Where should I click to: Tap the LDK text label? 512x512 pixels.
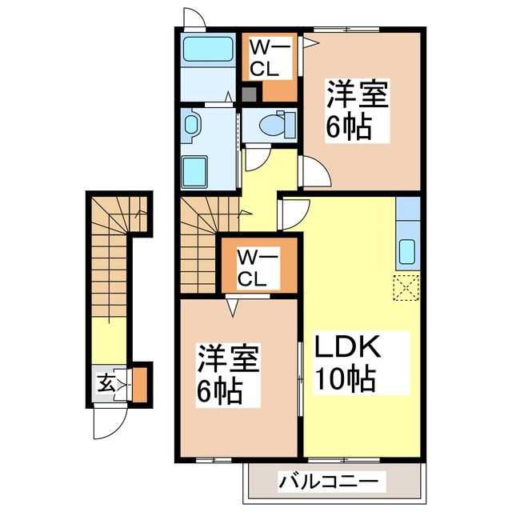click(345, 349)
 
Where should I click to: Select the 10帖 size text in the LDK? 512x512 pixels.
click(345, 379)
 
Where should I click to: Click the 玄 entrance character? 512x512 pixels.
click(106, 383)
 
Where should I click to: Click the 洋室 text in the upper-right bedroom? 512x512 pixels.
click(356, 97)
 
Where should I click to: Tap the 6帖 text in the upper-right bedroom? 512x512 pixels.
click(348, 126)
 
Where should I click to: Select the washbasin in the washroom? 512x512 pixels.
click(192, 125)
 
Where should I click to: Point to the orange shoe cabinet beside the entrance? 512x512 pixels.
click(140, 383)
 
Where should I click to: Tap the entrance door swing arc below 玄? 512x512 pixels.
click(107, 416)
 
